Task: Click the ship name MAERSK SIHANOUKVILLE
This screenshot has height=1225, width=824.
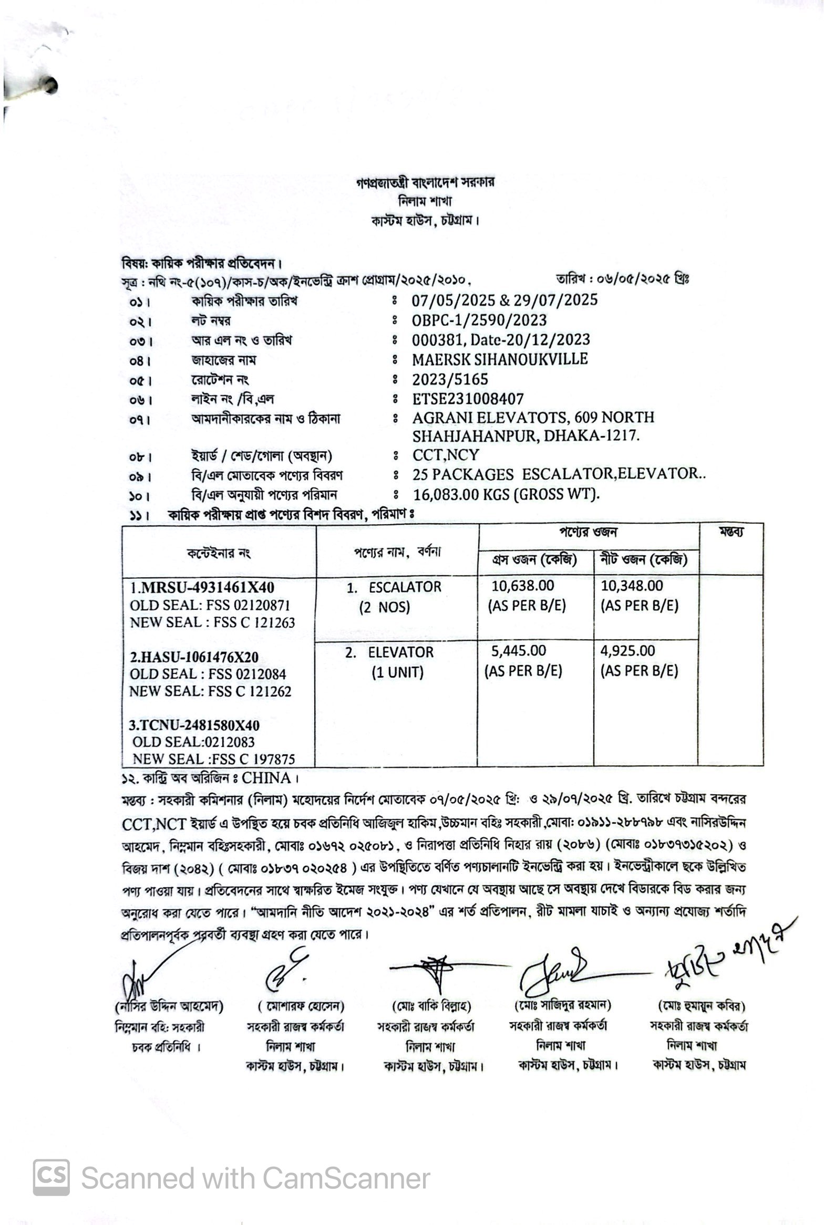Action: click(x=500, y=359)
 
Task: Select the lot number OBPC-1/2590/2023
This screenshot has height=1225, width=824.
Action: click(x=479, y=320)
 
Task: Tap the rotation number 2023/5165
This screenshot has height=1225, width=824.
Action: click(x=450, y=379)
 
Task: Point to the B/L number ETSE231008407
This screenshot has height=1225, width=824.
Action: click(x=468, y=399)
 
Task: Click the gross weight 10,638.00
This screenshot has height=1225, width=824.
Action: click(x=522, y=585)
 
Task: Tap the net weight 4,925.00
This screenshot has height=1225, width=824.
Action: click(x=627, y=651)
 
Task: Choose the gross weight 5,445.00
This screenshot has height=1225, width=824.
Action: click(x=518, y=651)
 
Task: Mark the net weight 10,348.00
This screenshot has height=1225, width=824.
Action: click(x=632, y=585)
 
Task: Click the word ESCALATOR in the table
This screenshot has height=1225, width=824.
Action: click(x=405, y=587)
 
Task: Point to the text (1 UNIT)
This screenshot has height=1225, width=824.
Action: click(x=397, y=672)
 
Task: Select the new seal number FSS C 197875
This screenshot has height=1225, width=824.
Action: click(x=251, y=759)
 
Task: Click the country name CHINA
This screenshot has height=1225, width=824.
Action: click(x=266, y=777)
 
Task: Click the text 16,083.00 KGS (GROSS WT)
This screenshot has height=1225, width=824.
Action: click(x=505, y=494)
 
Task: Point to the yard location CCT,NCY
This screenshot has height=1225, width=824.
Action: click(x=446, y=454)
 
